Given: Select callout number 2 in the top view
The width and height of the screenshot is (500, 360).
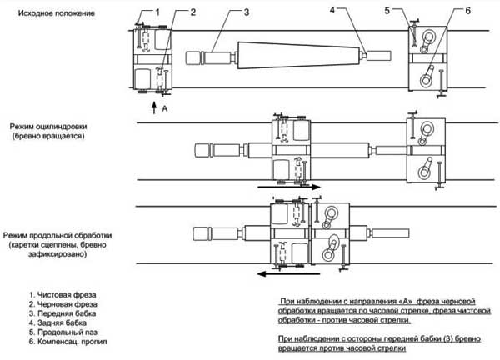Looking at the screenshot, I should pyautogui.click(x=192, y=12).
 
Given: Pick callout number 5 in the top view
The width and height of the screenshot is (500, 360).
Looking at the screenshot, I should pyautogui.click(x=411, y=11).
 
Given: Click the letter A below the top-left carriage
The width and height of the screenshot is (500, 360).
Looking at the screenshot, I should pyautogui.click(x=166, y=107).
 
